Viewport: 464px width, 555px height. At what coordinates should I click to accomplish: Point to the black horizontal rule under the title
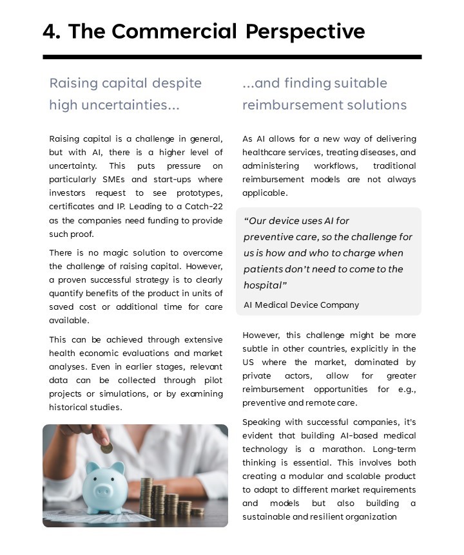(x=232, y=57)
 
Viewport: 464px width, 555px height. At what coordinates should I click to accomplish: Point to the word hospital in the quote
(x=262, y=285)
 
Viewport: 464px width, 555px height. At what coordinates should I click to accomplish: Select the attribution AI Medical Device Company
(x=301, y=305)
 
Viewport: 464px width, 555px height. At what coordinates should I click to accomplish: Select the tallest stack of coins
(x=146, y=496)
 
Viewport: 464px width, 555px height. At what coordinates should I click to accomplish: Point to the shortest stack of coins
(x=197, y=511)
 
